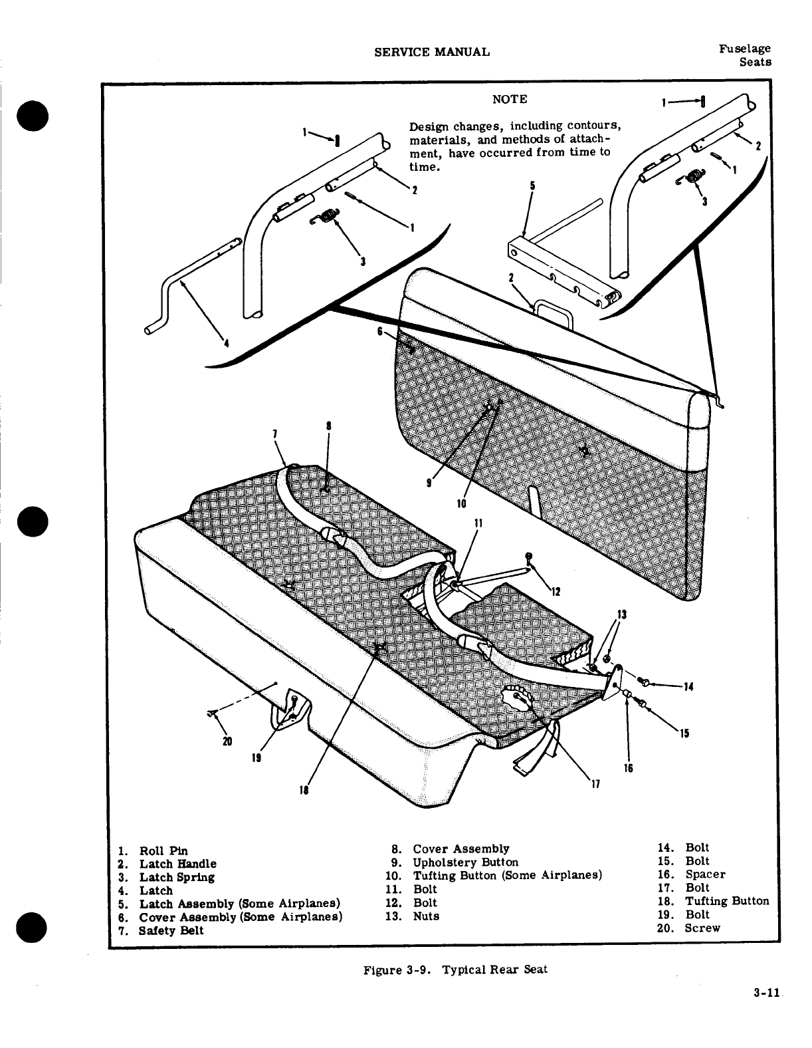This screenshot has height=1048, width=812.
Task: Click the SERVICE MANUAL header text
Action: (x=432, y=52)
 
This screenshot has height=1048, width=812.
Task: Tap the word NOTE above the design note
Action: (x=510, y=99)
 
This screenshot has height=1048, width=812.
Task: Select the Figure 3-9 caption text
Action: (x=455, y=969)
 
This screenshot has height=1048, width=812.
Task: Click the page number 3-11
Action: (x=766, y=1012)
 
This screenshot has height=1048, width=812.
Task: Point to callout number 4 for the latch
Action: (x=226, y=343)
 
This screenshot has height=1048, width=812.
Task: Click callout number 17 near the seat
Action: (x=595, y=784)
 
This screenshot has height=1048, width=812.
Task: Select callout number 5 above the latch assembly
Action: (x=532, y=186)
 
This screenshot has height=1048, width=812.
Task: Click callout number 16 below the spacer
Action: (x=628, y=768)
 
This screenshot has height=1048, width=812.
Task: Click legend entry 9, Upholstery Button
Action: (x=465, y=862)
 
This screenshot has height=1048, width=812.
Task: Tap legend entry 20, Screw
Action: (x=702, y=928)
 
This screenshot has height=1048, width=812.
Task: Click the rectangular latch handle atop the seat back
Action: (x=553, y=311)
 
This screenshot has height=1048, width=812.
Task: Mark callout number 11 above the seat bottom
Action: (x=478, y=522)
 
